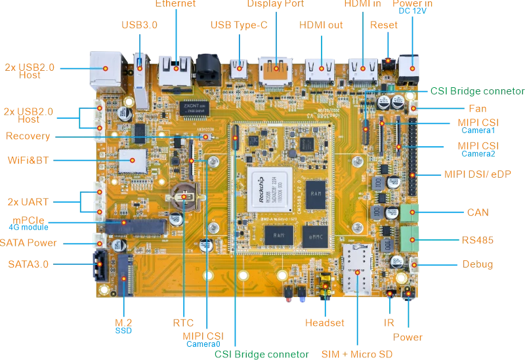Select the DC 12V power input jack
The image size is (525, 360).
(411, 66)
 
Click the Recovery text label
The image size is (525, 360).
(28, 136)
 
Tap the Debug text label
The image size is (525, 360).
(477, 266)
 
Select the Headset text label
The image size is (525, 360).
(325, 323)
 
